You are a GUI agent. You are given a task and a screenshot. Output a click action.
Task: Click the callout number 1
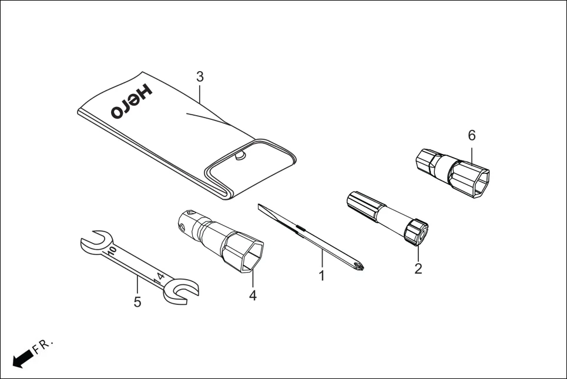click(x=321, y=275)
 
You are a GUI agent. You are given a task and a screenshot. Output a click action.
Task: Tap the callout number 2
click(x=418, y=269)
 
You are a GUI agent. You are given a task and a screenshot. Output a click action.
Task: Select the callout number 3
click(x=200, y=77)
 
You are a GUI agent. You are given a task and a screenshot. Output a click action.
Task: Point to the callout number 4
click(x=253, y=296)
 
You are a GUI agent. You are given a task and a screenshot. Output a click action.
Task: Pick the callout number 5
click(x=137, y=302)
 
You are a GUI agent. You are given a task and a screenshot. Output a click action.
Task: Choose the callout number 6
click(x=472, y=135)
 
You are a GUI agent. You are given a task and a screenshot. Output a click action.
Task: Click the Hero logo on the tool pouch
click(x=130, y=102)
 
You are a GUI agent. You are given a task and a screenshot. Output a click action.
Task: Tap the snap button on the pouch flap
click(x=239, y=156)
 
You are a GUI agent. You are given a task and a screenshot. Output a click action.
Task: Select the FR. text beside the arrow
click(x=43, y=346)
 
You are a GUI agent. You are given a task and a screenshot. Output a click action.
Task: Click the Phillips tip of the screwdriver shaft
click(x=358, y=266)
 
